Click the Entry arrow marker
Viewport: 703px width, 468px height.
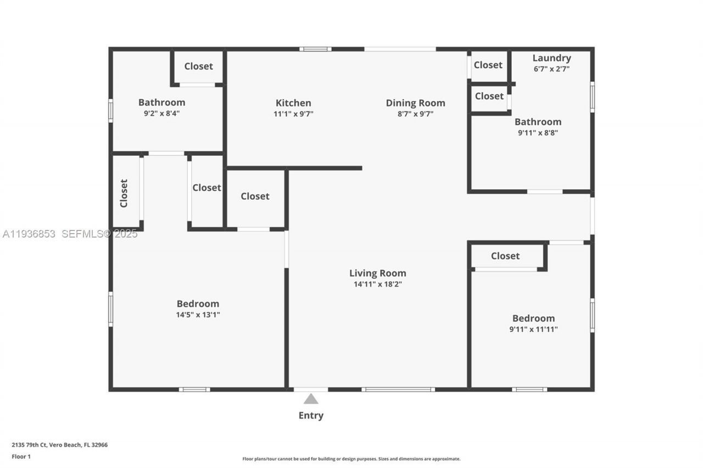[311, 399]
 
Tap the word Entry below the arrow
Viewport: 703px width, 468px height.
[311, 415]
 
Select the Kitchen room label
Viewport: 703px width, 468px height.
[293, 103]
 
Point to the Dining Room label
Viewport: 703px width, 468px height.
[415, 103]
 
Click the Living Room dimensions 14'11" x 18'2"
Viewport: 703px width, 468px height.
[378, 284]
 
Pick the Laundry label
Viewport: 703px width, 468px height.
[552, 58]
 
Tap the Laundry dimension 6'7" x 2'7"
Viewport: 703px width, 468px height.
[551, 69]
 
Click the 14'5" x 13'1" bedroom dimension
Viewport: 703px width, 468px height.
[198, 315]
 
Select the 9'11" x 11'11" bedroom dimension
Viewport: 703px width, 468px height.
[533, 329]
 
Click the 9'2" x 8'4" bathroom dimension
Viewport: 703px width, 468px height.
[161, 114]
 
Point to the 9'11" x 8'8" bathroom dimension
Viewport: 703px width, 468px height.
[538, 133]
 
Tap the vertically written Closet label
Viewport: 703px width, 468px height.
[124, 193]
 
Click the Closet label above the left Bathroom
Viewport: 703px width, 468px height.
[198, 66]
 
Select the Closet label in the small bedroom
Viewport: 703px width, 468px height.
[505, 256]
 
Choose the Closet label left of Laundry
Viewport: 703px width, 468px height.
[488, 65]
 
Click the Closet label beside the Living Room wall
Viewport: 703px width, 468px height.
[255, 196]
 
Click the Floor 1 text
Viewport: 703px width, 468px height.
[21, 456]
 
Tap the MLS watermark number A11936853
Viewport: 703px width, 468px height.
[29, 234]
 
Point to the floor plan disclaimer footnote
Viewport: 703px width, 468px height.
[351, 459]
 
